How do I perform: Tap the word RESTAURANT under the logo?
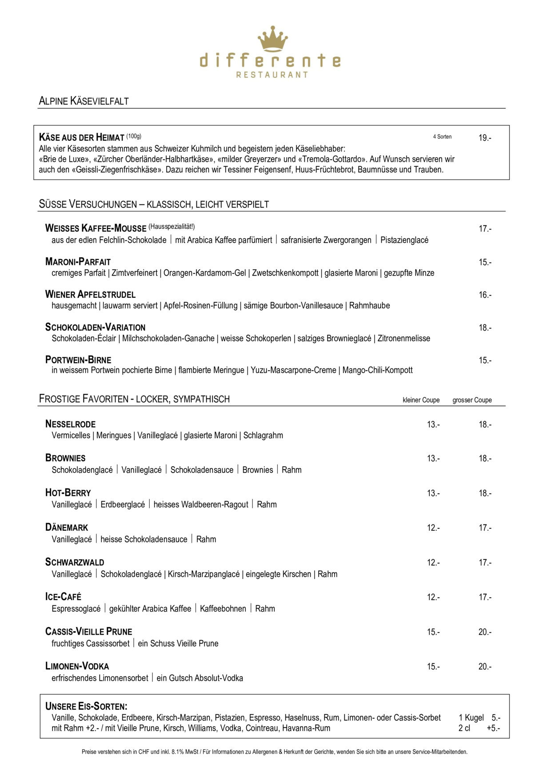coord(272,75)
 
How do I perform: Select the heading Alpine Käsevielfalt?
coord(84,101)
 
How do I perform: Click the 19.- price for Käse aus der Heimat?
coord(485,138)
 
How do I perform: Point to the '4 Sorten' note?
coord(442,137)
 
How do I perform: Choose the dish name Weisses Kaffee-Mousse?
coord(96,228)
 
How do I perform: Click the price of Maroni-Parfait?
coord(485,262)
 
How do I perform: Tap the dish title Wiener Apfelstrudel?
coord(90,295)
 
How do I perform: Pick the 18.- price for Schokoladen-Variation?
coord(485,328)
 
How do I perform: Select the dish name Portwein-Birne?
coord(78,360)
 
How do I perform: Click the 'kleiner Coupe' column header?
coord(421,400)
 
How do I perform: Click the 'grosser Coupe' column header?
coord(472,400)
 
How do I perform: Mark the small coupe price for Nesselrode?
coord(433,424)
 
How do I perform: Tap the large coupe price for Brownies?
coord(485,459)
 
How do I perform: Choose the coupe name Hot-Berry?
coord(68,493)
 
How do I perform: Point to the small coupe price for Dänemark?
coord(433,528)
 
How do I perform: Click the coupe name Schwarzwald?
coord(75,562)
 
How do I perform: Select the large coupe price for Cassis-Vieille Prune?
coord(485,632)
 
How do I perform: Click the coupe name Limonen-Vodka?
coord(77,666)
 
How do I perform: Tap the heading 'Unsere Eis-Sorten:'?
coord(86,706)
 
